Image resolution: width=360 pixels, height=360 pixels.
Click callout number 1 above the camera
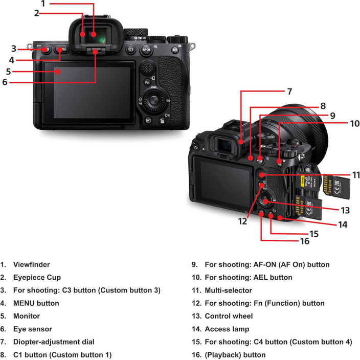[43, 4]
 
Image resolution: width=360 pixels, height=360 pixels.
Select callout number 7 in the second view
[289, 92]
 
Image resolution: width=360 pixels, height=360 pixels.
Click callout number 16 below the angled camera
[305, 241]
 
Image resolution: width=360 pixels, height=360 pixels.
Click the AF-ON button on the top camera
[147, 50]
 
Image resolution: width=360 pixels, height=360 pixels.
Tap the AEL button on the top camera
[175, 50]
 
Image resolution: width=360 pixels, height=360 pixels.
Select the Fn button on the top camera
[147, 82]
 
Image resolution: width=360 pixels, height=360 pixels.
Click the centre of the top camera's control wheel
[153, 102]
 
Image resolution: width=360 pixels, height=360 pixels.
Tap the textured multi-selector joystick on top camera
[147, 67]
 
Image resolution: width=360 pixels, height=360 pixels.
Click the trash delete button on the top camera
[162, 121]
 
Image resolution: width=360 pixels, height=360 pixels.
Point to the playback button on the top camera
[147, 121]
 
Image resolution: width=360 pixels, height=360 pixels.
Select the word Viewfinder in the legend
[31, 265]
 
